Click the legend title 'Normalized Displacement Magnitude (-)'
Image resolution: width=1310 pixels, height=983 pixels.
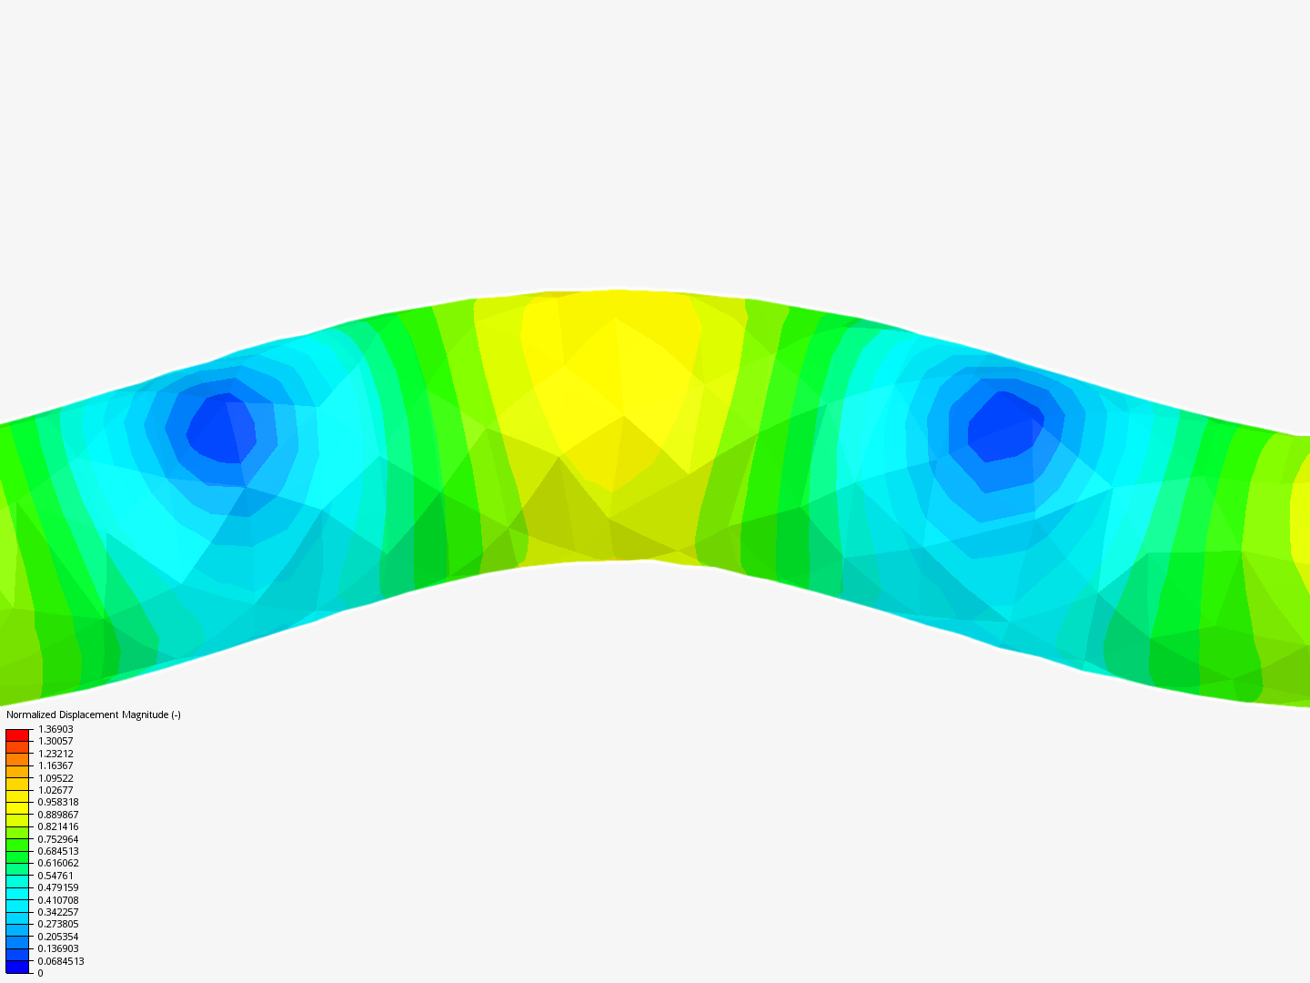coord(94,714)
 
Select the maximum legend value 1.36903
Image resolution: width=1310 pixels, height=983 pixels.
coord(55,729)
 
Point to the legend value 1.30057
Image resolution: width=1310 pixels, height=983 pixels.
coord(55,741)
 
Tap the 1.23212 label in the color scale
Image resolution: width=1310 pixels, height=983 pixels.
coord(55,754)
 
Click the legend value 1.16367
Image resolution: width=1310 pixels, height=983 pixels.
coord(55,765)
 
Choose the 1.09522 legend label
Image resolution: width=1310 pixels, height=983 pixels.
coord(55,777)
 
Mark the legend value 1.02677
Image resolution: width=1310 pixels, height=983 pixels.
coord(55,790)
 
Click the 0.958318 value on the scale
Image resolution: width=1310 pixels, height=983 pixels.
coord(58,802)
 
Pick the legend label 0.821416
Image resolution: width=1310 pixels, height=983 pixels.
coord(58,826)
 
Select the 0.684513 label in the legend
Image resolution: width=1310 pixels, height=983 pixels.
coord(58,851)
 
